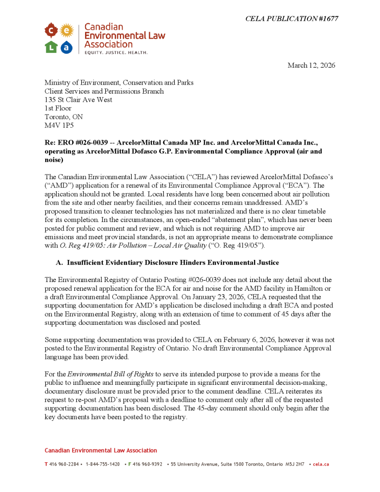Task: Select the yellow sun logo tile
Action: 67,31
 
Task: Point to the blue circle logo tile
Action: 67,47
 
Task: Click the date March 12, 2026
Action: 311,65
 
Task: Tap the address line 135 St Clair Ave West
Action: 78,99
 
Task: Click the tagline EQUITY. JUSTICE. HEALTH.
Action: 116,52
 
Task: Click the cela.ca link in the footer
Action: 320,464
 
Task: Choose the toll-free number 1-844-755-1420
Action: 103,464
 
